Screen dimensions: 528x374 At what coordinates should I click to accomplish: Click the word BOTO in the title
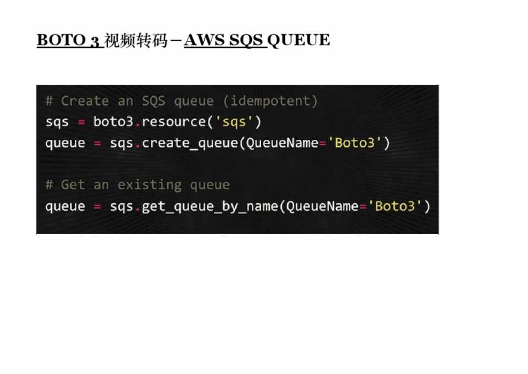[61, 40]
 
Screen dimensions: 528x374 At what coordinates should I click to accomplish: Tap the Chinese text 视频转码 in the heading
[136, 40]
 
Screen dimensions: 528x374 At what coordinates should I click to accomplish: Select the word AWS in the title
[204, 40]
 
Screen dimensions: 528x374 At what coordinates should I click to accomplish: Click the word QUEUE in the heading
[298, 40]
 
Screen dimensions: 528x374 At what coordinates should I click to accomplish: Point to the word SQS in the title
[246, 40]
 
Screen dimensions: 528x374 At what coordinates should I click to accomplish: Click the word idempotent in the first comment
[270, 101]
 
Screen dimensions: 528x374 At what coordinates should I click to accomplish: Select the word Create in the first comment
[85, 101]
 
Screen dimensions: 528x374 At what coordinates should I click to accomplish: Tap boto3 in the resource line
[113, 121]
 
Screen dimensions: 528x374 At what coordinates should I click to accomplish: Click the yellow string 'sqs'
[234, 122]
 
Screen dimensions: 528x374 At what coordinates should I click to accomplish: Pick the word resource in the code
[174, 122]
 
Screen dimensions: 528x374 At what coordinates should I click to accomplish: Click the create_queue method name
[190, 143]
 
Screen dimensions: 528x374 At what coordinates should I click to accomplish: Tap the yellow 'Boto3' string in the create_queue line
[355, 143]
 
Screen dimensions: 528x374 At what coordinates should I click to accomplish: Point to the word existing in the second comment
[150, 185]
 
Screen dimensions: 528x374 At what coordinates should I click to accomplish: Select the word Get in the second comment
[73, 185]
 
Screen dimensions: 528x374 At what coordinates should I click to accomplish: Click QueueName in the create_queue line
[282, 143]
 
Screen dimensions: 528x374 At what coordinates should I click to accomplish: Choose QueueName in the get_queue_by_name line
[322, 206]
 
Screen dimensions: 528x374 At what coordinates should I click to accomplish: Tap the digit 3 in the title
[95, 41]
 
